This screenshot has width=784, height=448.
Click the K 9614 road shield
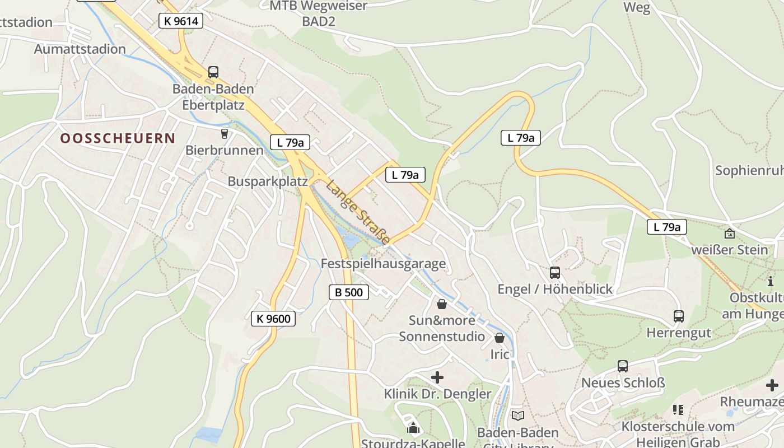tap(180, 21)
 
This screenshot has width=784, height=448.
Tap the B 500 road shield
tap(348, 292)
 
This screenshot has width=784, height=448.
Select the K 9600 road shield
tap(273, 319)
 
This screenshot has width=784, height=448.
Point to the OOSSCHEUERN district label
tap(118, 138)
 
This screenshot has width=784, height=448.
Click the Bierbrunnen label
tap(224, 150)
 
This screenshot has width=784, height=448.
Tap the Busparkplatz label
tap(268, 181)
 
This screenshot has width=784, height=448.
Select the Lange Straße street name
tap(358, 212)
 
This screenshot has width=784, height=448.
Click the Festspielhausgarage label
tap(383, 263)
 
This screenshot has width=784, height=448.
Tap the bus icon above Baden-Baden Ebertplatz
tap(213, 72)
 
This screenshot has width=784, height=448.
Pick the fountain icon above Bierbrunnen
tap(225, 133)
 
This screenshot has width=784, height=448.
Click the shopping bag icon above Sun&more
tap(442, 304)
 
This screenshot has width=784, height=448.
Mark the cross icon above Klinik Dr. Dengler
tap(437, 377)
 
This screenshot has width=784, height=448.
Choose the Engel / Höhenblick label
tap(555, 289)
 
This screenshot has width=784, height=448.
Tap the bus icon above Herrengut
tap(679, 316)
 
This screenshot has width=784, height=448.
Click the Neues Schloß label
tap(623, 383)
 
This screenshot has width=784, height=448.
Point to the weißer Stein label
tap(729, 250)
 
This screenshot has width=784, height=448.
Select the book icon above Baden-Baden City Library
tap(518, 416)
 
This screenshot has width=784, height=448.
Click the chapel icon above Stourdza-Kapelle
tap(413, 428)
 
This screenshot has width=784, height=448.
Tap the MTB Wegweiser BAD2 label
tap(318, 13)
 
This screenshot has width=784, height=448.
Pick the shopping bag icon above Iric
tap(500, 338)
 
